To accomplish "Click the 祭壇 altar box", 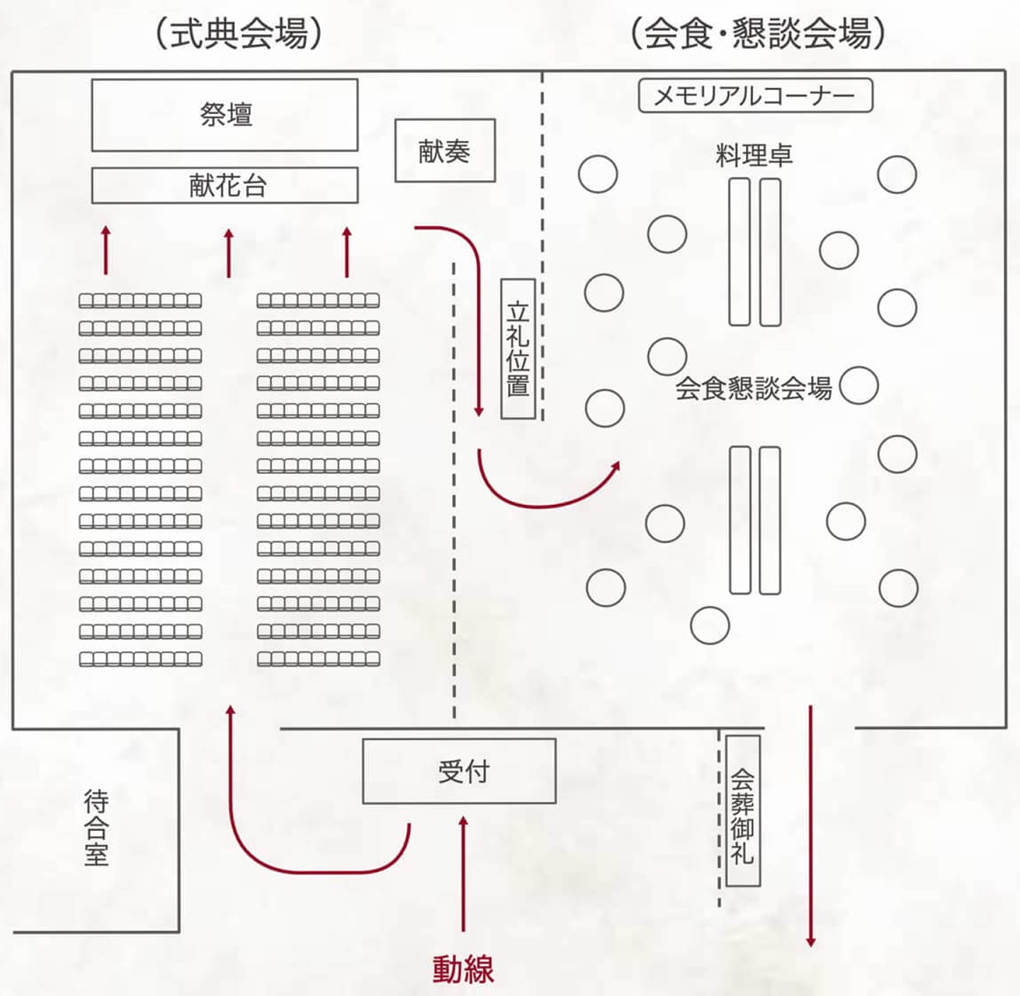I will (x=225, y=115).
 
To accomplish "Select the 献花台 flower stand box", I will (x=225, y=186).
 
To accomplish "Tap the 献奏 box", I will (x=445, y=151).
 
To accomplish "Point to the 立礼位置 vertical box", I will (x=518, y=349).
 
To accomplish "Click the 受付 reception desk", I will (x=459, y=771).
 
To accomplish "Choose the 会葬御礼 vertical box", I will (x=743, y=810).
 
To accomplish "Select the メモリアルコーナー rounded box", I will (x=755, y=96).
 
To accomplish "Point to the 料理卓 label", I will (x=754, y=155).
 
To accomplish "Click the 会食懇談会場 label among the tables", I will (x=753, y=388).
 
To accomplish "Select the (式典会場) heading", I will (x=239, y=33).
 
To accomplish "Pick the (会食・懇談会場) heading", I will (x=757, y=33).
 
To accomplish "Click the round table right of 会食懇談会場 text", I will (x=858, y=385).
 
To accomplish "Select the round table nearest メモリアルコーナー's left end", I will (x=598, y=174).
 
